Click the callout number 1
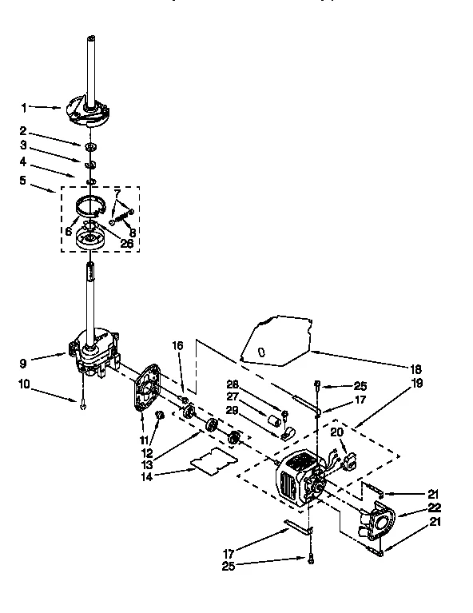pyautogui.click(x=24, y=107)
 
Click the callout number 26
pyautogui.click(x=126, y=243)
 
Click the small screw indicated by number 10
pyautogui.click(x=82, y=406)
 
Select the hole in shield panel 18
pyautogui.click(x=260, y=349)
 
